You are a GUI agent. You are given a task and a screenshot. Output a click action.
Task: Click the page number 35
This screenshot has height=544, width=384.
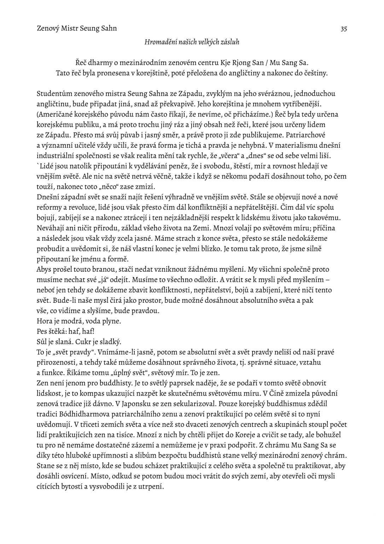click(x=343, y=29)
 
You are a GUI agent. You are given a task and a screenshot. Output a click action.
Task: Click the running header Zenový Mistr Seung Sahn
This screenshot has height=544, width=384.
click(x=77, y=28)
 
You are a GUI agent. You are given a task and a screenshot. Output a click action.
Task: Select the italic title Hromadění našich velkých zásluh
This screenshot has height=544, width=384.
click(x=192, y=42)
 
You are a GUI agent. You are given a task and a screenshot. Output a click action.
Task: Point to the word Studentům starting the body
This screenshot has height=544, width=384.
click(x=53, y=94)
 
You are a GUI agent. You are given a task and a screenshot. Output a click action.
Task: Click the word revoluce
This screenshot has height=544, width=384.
click(x=77, y=207)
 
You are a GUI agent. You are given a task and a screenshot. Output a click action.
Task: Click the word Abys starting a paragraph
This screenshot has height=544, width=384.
click(x=44, y=269)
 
